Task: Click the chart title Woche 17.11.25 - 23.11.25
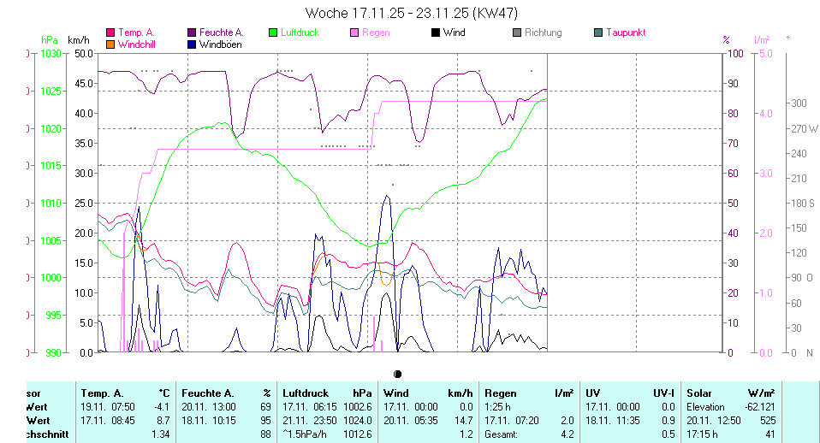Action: coord(410,13)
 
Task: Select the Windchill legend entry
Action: coord(136,43)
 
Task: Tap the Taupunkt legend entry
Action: coord(625,32)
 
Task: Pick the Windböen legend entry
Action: coord(221,43)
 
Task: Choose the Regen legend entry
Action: coord(376,32)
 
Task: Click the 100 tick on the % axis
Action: coord(734,53)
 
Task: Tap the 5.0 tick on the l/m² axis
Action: coord(764,53)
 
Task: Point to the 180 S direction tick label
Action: coord(802,203)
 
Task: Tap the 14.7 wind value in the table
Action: coord(461,421)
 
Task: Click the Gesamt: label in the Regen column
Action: coord(501,434)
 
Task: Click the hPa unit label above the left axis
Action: coord(50,39)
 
